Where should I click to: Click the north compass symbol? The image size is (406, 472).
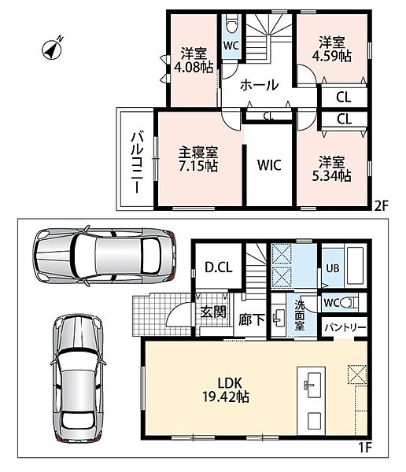click(x=53, y=49)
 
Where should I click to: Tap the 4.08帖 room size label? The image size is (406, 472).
click(x=194, y=67)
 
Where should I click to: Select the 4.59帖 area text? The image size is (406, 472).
click(x=331, y=56)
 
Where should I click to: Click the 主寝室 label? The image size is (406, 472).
click(x=198, y=153)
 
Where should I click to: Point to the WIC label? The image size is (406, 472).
click(x=269, y=165)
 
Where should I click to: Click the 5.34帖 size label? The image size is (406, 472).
click(x=331, y=175)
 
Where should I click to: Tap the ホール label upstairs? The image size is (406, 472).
click(x=260, y=85)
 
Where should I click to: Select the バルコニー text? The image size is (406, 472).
click(x=137, y=161)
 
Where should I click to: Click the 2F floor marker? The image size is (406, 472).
click(x=382, y=206)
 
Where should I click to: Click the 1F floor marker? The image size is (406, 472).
click(x=365, y=448)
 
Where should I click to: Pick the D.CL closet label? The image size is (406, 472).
click(x=219, y=267)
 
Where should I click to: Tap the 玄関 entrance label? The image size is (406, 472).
click(x=213, y=312)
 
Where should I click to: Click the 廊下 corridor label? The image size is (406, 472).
click(x=252, y=320)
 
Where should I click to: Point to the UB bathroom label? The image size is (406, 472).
click(x=333, y=268)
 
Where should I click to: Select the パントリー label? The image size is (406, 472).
click(x=345, y=327)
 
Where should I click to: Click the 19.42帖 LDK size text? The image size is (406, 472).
click(x=226, y=397)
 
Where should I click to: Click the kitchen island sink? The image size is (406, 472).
click(x=311, y=381)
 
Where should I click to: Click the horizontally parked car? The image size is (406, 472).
click(x=104, y=256)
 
